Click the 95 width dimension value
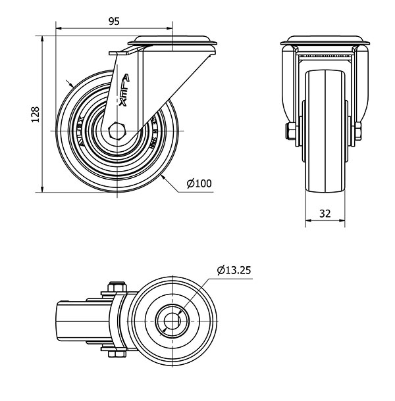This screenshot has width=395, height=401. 113,21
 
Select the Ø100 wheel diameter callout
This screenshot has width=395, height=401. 199,183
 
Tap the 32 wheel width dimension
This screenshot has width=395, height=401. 325,213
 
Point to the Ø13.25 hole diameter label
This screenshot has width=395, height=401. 234,269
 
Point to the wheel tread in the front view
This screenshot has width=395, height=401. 325,131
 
